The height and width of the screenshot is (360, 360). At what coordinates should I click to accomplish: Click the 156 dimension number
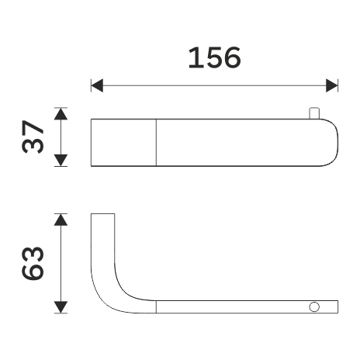pyautogui.click(x=214, y=57)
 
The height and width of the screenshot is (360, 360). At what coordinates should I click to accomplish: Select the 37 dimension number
pyautogui.click(x=33, y=137)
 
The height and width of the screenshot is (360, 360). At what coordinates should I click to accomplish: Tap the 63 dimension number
pyautogui.click(x=33, y=263)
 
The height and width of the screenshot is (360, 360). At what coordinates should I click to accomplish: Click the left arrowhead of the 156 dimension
pyautogui.click(x=97, y=85)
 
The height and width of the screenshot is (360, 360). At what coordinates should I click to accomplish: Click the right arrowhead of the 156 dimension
pyautogui.click(x=332, y=85)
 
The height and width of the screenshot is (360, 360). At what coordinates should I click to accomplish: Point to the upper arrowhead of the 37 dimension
pyautogui.click(x=61, y=114)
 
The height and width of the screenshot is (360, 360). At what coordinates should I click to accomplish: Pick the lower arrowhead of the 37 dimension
pyautogui.click(x=61, y=160)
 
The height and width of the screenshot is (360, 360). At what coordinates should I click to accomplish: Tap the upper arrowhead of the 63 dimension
pyautogui.click(x=61, y=220)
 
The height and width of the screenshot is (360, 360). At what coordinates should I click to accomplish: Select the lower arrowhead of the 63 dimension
pyautogui.click(x=61, y=307)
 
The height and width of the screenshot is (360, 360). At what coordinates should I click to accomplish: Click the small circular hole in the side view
pyautogui.click(x=314, y=307)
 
